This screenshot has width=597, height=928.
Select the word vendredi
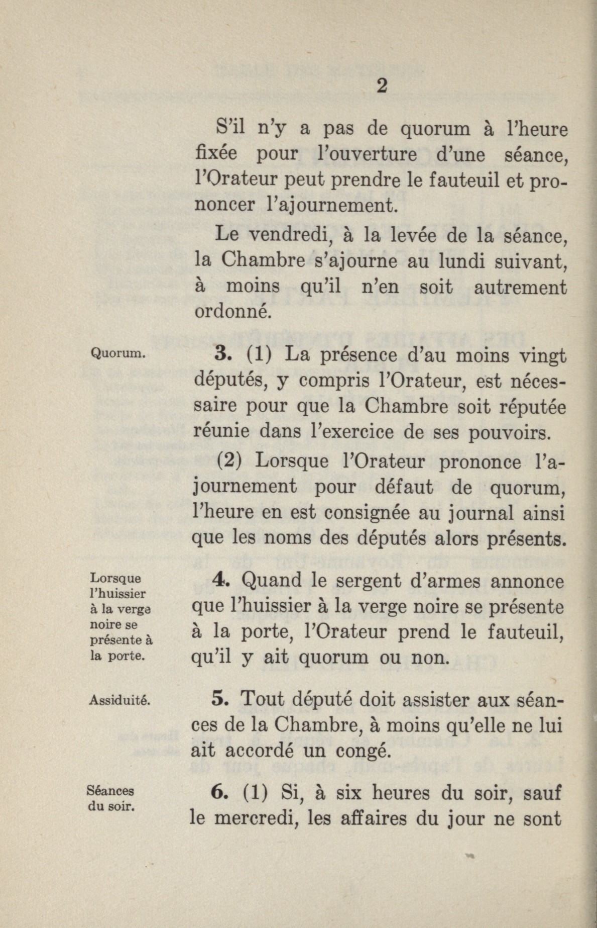pos(285,234)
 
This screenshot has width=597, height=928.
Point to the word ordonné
pos(232,312)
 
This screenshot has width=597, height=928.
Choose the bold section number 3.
pos(221,355)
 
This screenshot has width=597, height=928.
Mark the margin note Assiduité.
pos(120,699)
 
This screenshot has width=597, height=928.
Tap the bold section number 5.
pos(221,699)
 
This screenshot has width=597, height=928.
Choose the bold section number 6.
pos(220,793)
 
